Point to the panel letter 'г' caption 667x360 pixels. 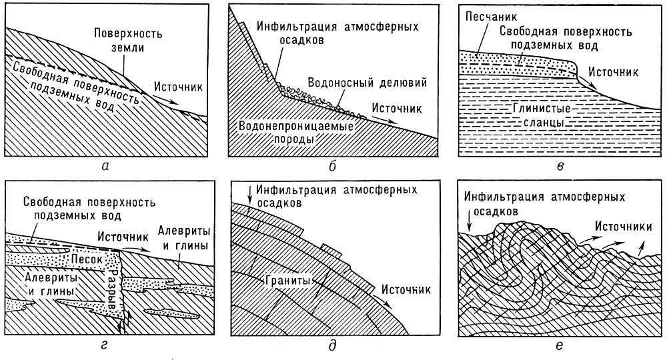[x=105, y=345]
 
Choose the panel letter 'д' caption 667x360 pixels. [x=332, y=345]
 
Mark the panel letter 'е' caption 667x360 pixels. [x=560, y=345]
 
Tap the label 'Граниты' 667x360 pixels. [x=289, y=281]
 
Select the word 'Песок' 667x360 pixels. [x=85, y=259]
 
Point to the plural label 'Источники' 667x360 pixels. [x=623, y=227]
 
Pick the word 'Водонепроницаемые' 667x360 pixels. [x=297, y=126]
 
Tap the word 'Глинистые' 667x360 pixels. [x=542, y=108]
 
